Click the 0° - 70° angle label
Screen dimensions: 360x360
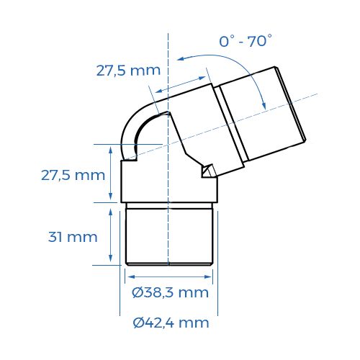tap(246, 42)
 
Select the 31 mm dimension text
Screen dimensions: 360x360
tap(71, 237)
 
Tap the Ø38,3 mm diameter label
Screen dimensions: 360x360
tap(171, 292)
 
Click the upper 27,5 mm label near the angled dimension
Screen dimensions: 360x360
tap(127, 71)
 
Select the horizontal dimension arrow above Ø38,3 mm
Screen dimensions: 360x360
tap(169, 274)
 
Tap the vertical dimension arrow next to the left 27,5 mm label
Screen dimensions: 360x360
tap(110, 173)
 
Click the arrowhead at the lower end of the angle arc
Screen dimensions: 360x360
tap(266, 106)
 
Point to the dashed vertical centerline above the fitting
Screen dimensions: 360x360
tap(167, 65)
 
